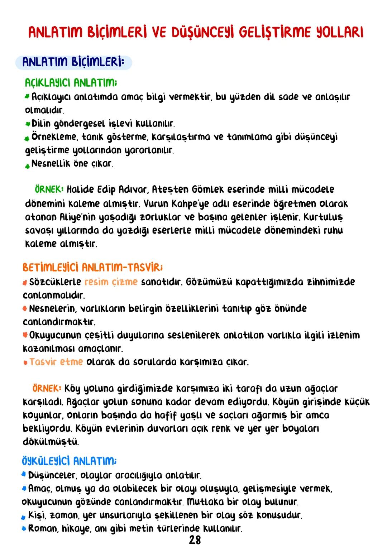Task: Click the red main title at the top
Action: [x=196, y=32]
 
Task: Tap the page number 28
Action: [x=195, y=539]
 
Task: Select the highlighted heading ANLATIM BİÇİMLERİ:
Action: [x=73, y=62]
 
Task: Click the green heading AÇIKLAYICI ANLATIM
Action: [x=71, y=83]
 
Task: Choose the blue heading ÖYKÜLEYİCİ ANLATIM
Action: [x=69, y=461]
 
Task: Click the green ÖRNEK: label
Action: [x=49, y=189]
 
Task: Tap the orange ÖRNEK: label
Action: [x=47, y=388]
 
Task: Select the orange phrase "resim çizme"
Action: [x=111, y=282]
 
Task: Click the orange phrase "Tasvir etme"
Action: [x=56, y=362]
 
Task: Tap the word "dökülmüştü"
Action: [x=51, y=442]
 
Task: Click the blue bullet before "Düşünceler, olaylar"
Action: [x=24, y=475]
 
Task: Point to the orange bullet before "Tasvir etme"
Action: [x=25, y=363]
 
